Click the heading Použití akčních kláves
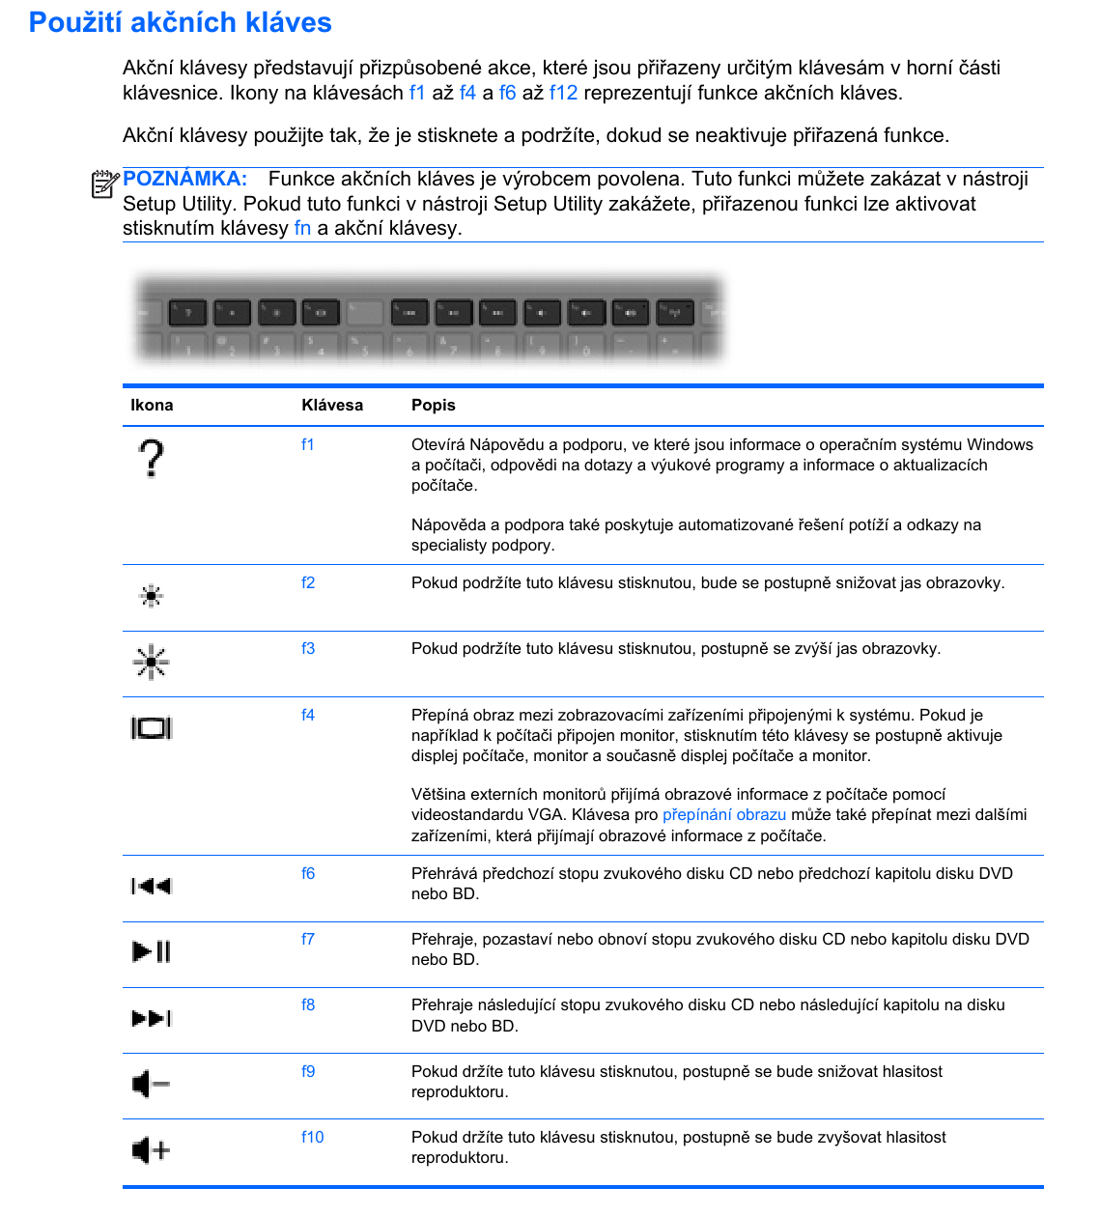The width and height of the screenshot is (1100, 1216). coord(181,22)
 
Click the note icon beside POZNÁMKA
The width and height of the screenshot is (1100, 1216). coord(104,183)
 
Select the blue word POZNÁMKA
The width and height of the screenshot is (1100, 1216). coord(184,179)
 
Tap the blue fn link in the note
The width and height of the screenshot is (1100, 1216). coord(302,228)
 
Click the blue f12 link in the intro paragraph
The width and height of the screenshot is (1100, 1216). coord(563,93)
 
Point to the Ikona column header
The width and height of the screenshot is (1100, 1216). coord(152,405)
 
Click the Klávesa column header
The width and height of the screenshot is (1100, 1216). coord(332,405)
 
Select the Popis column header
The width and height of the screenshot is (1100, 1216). coord(433,405)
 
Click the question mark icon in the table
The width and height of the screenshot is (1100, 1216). coord(151,458)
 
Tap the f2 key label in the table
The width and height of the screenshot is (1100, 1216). coord(308,582)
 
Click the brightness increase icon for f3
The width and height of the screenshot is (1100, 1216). coord(151,662)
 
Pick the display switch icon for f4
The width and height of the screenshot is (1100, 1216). coord(151,728)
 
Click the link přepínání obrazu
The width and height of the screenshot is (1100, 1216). coord(723,814)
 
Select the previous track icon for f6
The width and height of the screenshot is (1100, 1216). coord(151,886)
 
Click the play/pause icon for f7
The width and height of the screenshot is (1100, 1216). coord(151,951)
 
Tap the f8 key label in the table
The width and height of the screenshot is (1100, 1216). coord(308,1004)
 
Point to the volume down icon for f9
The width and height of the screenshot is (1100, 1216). coord(151,1085)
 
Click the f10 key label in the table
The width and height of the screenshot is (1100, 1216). coord(312,1137)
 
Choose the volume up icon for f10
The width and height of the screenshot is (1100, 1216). coord(151,1150)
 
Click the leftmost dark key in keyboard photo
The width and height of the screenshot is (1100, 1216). coord(187,312)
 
